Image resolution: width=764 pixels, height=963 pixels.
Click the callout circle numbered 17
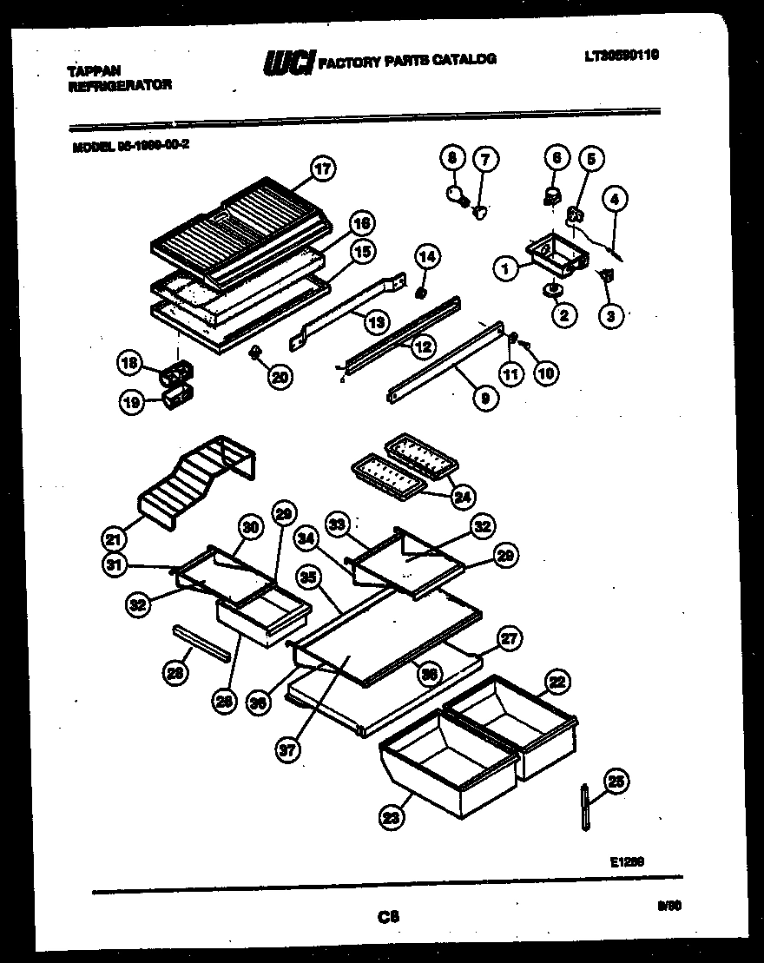(x=322, y=169)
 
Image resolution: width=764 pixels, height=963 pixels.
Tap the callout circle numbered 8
(x=451, y=158)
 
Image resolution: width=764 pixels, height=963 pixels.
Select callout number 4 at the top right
(x=614, y=198)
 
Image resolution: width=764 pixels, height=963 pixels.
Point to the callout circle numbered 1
(x=505, y=270)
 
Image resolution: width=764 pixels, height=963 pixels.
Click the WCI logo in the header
(x=287, y=62)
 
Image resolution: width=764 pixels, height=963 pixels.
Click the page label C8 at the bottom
(x=387, y=915)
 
